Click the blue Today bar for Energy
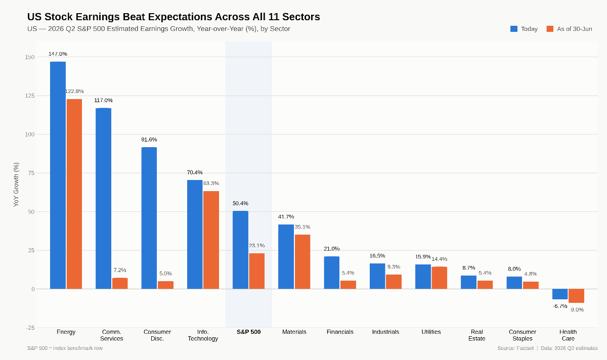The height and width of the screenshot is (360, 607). pyautogui.click(x=58, y=175)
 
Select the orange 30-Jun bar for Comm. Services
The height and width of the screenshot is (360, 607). pyautogui.click(x=120, y=283)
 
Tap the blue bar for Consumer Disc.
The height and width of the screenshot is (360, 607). pyautogui.click(x=149, y=218)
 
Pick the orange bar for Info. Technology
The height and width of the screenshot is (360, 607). pyautogui.click(x=211, y=240)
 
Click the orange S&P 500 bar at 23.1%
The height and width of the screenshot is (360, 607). pyautogui.click(x=256, y=271)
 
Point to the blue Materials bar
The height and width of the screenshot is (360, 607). pyautogui.click(x=286, y=257)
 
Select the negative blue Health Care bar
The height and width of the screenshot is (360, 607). pyautogui.click(x=560, y=294)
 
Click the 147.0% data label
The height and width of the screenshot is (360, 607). pyautogui.click(x=58, y=54)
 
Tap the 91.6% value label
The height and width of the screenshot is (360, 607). pyautogui.click(x=149, y=140)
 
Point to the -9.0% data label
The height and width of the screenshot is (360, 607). pyautogui.click(x=576, y=309)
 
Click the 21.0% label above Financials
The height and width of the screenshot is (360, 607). pyautogui.click(x=332, y=249)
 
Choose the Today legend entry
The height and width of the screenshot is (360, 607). pyautogui.click(x=524, y=29)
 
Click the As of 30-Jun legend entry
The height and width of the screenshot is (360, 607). pyautogui.click(x=570, y=29)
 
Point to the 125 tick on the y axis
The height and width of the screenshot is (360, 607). pyautogui.click(x=29, y=96)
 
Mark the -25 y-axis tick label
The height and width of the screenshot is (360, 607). pyautogui.click(x=30, y=328)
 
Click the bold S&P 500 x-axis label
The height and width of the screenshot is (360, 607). pyautogui.click(x=248, y=332)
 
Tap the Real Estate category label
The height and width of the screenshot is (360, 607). pyautogui.click(x=476, y=335)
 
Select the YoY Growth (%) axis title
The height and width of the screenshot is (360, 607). pyautogui.click(x=16, y=185)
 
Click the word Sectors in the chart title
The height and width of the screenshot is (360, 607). pyautogui.click(x=301, y=17)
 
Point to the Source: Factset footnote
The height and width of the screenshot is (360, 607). pyautogui.click(x=515, y=348)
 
